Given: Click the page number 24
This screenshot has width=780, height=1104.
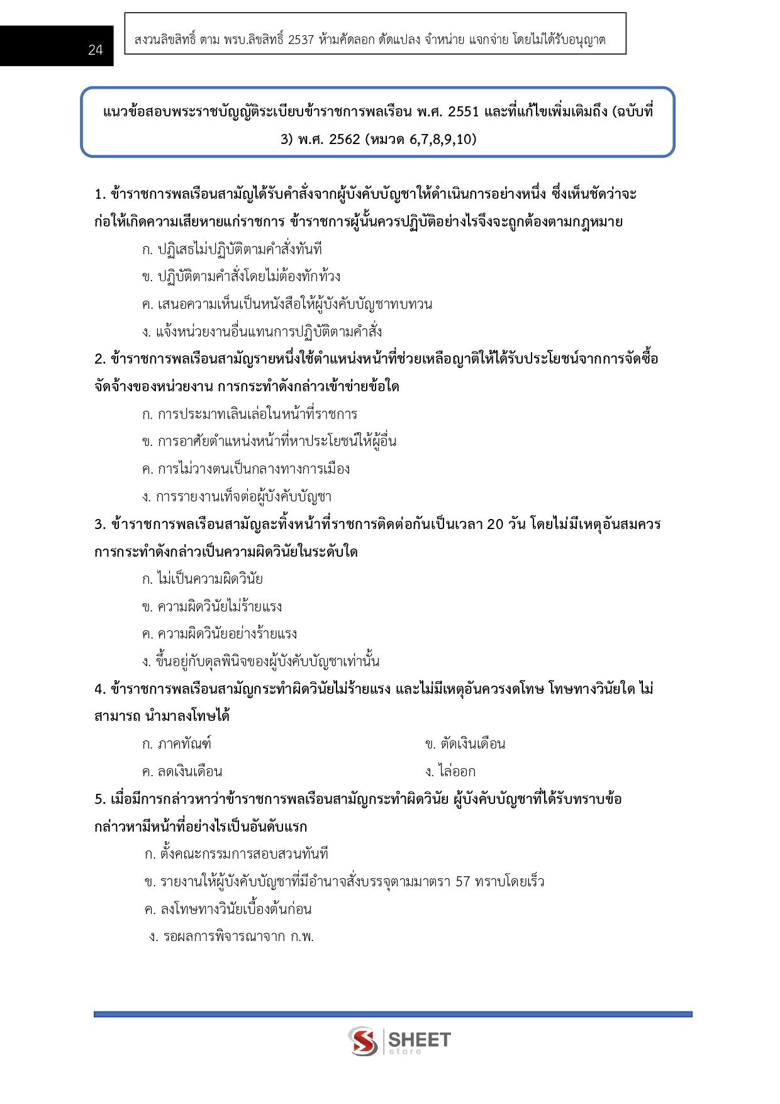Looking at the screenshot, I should coord(95,50).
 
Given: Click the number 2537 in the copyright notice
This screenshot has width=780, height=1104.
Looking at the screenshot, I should coord(301,40).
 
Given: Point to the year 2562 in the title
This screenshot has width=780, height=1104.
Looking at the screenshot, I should coord(344,139).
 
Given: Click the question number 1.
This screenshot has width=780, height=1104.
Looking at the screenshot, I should coord(99,194).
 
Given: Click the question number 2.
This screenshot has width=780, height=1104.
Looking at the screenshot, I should coord(99,359).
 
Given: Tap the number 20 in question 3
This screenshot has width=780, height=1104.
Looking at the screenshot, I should coord(495,525).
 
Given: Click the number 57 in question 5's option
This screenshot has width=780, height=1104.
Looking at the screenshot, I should coord(462,882).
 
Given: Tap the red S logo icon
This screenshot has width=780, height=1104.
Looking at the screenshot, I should coord(363,1041).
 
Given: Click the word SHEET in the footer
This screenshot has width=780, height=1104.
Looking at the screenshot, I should coord(420,1039).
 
